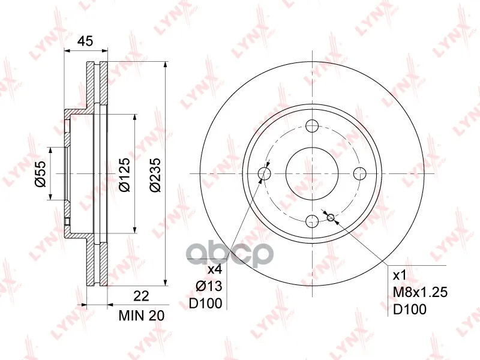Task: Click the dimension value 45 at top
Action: tap(85, 41)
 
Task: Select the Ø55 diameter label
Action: tap(40, 173)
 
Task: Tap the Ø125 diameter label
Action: tap(125, 175)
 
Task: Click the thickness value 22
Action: tap(142, 296)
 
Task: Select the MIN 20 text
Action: tap(142, 316)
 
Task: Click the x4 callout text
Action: tap(215, 270)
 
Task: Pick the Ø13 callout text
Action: tap(209, 286)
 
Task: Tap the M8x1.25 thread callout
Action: tap(420, 292)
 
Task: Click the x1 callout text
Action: tap(399, 275)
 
